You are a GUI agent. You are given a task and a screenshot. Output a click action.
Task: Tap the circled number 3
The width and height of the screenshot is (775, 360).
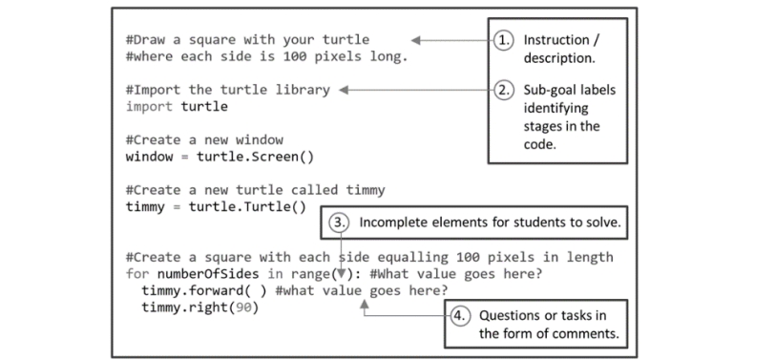coord(340,222)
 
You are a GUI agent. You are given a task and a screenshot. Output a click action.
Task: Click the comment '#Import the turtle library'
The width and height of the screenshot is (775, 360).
coord(227,90)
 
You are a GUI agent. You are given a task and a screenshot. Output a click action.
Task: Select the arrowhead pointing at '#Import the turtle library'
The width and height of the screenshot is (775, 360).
coord(346,90)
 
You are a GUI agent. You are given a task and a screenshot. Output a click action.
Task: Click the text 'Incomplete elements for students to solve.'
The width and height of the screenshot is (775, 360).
coord(489,222)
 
